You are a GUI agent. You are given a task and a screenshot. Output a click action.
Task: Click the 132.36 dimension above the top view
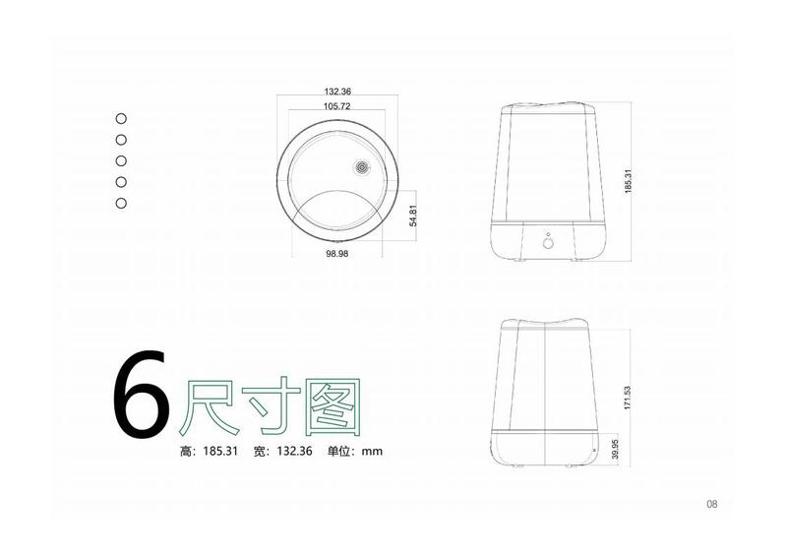[x=337, y=92]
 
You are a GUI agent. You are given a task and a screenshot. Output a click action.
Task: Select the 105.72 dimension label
[x=336, y=106]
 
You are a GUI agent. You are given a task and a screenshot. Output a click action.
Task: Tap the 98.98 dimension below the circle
[x=336, y=254]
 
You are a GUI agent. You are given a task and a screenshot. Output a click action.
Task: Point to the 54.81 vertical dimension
[x=413, y=216]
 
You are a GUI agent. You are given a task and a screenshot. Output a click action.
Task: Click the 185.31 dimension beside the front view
[x=629, y=181]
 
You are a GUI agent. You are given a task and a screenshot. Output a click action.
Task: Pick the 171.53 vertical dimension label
[x=628, y=398]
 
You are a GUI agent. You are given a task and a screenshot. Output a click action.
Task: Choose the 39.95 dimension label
[x=616, y=449]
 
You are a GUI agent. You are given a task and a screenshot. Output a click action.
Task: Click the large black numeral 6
[x=142, y=394]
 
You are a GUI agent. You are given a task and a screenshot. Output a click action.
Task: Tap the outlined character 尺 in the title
[x=209, y=407]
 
